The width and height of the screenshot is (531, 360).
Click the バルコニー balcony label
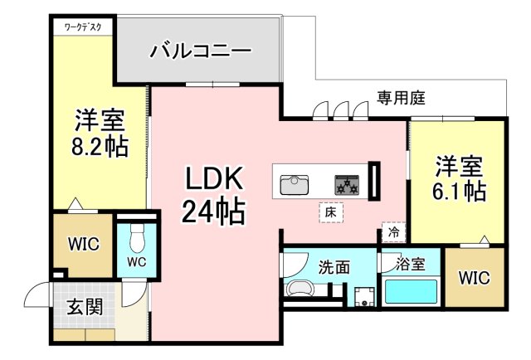click(x=200, y=51)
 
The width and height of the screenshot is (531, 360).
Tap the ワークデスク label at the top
click(x=83, y=27)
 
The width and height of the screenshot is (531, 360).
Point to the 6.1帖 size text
click(x=458, y=191)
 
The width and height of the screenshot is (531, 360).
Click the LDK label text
click(x=212, y=178)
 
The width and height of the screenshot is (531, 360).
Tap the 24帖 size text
click(x=212, y=213)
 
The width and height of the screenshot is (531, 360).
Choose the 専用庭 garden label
click(x=402, y=98)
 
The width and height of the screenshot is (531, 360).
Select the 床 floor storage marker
click(x=329, y=213)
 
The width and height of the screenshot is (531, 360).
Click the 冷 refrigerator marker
click(x=392, y=233)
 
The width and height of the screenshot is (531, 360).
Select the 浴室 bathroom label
click(x=411, y=265)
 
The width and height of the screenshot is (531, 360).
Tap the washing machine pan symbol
click(x=362, y=297)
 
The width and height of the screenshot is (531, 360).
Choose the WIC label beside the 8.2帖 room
click(x=83, y=245)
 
